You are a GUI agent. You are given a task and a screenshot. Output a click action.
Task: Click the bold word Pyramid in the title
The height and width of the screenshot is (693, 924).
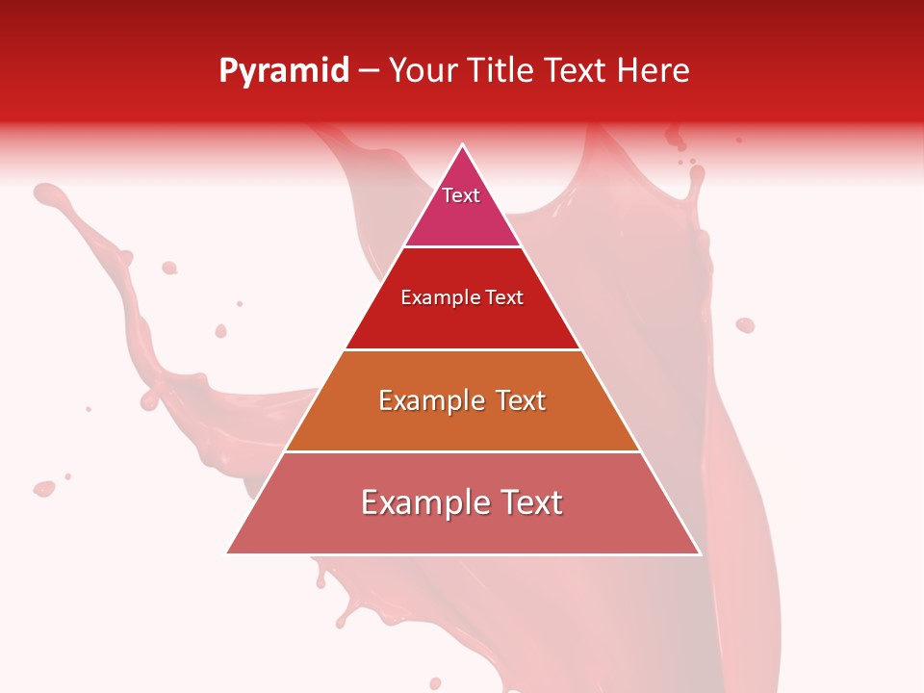pyautogui.click(x=284, y=71)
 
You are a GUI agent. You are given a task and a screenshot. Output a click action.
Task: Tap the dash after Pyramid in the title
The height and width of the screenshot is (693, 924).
pyautogui.click(x=369, y=71)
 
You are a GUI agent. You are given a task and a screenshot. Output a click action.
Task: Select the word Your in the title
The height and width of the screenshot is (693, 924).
pyautogui.click(x=422, y=71)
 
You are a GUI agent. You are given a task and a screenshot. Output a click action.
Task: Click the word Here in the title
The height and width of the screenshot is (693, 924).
pyautogui.click(x=653, y=71)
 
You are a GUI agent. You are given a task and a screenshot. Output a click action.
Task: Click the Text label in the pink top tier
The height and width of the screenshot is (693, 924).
pyautogui.click(x=461, y=195)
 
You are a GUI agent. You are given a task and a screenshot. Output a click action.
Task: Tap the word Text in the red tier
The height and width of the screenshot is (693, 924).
pyautogui.click(x=503, y=298)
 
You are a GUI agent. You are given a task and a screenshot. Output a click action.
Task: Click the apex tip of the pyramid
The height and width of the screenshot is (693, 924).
pyautogui.click(x=463, y=145)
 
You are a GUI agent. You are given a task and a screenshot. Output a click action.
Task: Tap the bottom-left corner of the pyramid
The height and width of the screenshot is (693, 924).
pyautogui.click(x=228, y=552)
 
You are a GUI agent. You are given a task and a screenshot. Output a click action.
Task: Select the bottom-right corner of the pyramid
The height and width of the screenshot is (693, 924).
pyautogui.click(x=699, y=552)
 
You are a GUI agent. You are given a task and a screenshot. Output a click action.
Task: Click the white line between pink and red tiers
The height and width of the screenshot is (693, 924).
pyautogui.click(x=463, y=247)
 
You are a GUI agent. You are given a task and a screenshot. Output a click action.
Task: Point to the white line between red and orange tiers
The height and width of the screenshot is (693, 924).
pyautogui.click(x=463, y=349)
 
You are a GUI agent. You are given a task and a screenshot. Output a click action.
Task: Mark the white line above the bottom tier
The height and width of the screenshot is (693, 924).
pyautogui.click(x=463, y=451)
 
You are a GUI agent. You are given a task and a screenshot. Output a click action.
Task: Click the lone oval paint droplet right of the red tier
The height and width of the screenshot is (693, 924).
pyautogui.click(x=745, y=325)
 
